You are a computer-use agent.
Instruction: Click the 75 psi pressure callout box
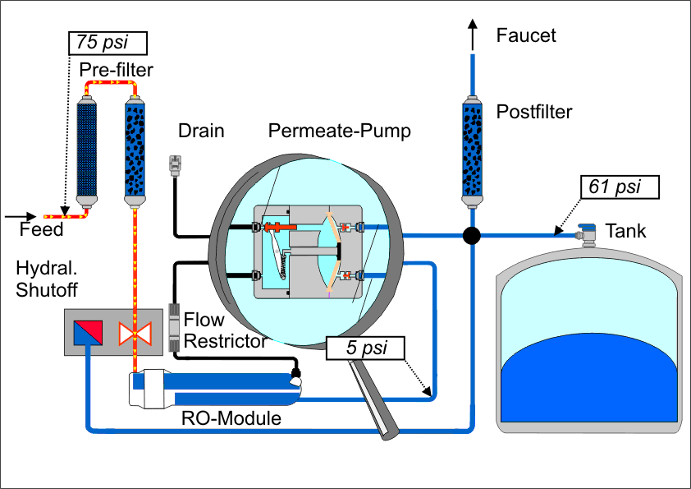tap(107, 43)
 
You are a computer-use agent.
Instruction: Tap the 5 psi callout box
tap(366, 348)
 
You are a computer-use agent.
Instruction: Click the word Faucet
tap(526, 35)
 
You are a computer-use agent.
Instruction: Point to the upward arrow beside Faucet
tap(473, 33)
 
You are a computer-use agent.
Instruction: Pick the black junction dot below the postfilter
tap(472, 236)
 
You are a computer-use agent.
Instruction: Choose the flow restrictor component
tap(174, 327)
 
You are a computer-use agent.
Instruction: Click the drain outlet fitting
tap(174, 164)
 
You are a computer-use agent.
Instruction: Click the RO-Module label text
tap(231, 419)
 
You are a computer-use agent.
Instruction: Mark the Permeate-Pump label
tap(340, 131)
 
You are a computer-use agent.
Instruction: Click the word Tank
tap(625, 231)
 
